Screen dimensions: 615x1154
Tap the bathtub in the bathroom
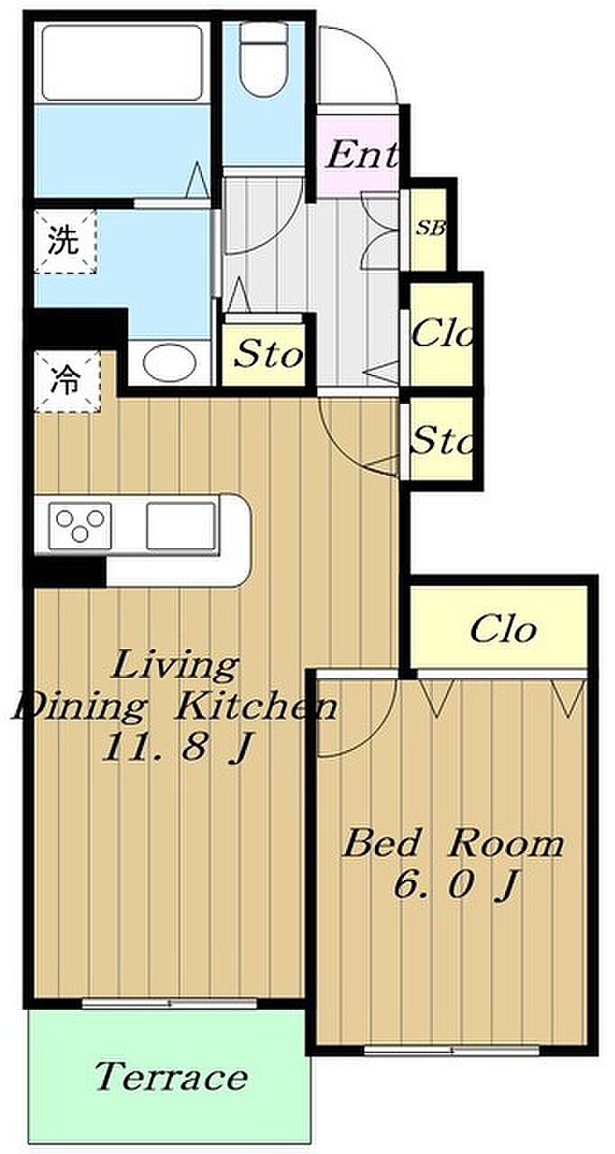point(122,63)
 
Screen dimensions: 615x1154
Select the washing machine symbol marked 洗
point(66,241)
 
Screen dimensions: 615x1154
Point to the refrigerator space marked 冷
point(67,381)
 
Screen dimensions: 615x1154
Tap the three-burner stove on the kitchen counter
point(80,526)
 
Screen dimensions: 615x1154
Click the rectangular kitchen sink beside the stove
point(180,526)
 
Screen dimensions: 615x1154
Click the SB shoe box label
point(431,228)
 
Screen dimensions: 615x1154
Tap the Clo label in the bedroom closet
point(503,628)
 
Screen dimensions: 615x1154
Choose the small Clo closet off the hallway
point(442,333)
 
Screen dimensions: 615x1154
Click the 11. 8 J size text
point(178,747)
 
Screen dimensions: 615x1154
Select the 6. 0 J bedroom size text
point(455,884)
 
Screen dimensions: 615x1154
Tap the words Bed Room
point(454,845)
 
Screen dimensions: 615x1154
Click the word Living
point(175,666)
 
